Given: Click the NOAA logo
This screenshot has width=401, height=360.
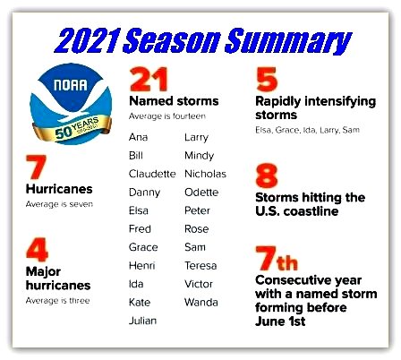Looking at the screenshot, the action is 71,104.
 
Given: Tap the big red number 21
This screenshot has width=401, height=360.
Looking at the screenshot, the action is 149,80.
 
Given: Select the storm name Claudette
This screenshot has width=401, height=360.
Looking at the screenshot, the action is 152,174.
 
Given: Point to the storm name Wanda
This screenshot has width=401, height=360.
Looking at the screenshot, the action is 201,302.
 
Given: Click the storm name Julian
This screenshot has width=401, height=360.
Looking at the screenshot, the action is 142,321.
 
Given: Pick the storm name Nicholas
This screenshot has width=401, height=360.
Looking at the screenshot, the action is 205,174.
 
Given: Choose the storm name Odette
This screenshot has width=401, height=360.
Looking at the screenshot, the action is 201,193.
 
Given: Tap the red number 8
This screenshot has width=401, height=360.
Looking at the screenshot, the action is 267,176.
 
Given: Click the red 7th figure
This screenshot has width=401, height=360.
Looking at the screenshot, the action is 277,258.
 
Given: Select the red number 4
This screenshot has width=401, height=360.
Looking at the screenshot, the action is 37,250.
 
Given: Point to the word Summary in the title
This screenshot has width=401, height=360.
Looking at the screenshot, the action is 288,42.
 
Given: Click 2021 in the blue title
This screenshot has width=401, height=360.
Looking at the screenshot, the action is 89,41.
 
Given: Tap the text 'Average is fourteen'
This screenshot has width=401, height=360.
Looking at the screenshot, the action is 167,116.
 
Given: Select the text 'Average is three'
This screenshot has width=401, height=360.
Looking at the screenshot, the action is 57,301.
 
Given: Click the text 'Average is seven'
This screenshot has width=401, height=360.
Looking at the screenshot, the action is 59,204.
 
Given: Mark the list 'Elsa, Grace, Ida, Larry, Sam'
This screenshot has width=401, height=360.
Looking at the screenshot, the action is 307,130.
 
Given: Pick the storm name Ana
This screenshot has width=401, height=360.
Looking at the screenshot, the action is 138,137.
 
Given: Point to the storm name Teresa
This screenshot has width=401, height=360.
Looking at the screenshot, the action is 200,265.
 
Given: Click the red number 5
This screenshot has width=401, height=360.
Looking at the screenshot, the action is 267,80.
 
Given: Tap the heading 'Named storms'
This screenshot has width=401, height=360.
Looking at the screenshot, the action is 174,101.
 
